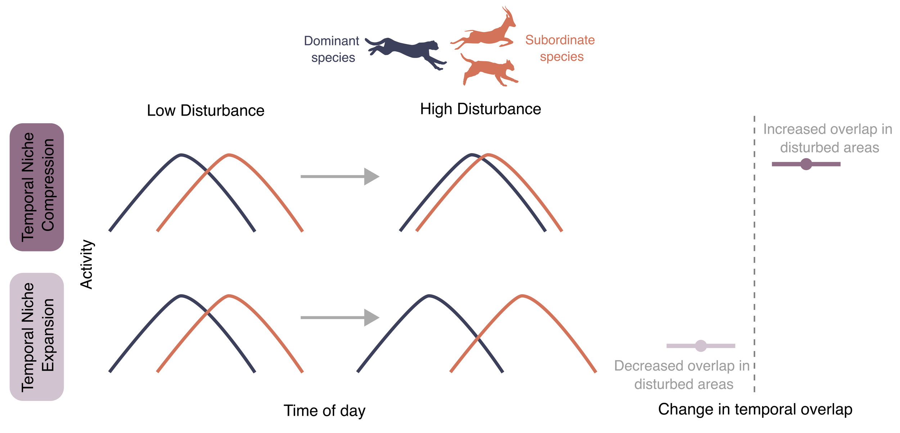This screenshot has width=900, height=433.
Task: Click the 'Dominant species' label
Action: pos(332,49)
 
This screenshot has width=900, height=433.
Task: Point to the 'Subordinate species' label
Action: pos(560,48)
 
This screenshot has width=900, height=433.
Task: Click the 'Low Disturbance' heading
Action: pos(206,111)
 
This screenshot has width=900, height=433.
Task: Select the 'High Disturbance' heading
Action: pos(481,109)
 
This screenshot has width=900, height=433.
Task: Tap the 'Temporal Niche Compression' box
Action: pos(37,187)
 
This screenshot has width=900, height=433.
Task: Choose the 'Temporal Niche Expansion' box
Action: pos(37,337)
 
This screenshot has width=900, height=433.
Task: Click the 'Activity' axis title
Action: pos(87,264)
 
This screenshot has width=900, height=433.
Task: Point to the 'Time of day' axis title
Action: pos(324,411)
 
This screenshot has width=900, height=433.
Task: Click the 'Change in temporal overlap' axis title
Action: pos(755,410)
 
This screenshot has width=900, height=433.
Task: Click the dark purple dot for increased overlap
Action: pos(806,164)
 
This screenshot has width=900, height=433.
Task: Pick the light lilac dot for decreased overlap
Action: pos(701,346)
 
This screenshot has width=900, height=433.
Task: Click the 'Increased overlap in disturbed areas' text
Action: pos(828,138)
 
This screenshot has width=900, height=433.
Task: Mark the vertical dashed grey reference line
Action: pos(754,252)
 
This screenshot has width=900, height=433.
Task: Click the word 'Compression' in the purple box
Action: pos(48,185)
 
